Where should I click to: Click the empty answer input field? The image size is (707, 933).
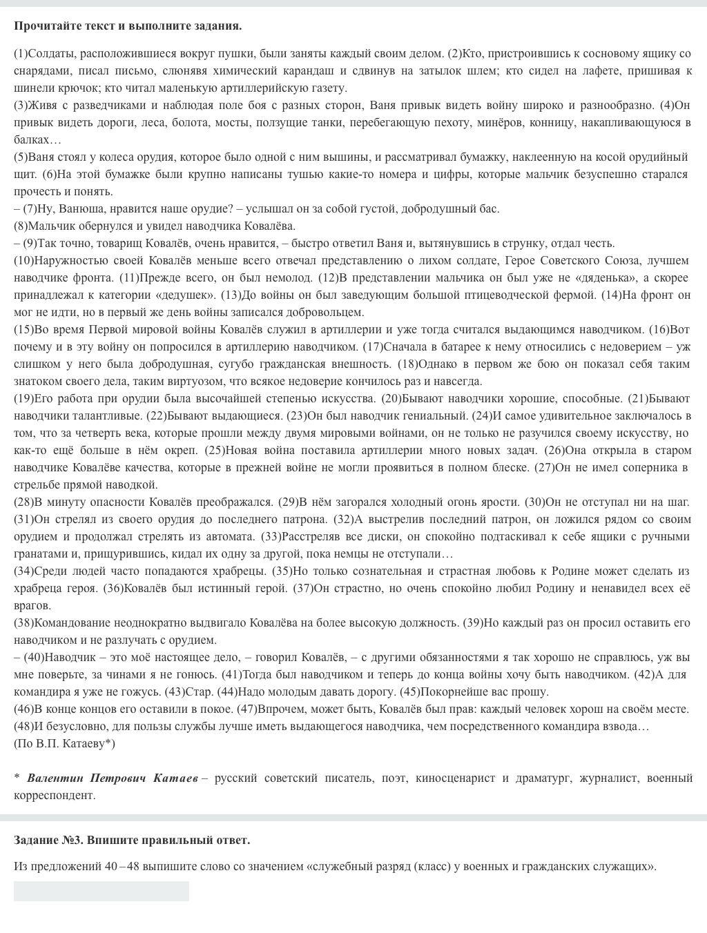tap(101, 891)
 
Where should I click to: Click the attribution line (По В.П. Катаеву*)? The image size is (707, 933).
tap(64, 744)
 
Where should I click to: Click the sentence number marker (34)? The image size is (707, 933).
tap(23, 571)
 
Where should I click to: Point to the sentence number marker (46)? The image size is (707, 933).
tap(23, 709)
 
